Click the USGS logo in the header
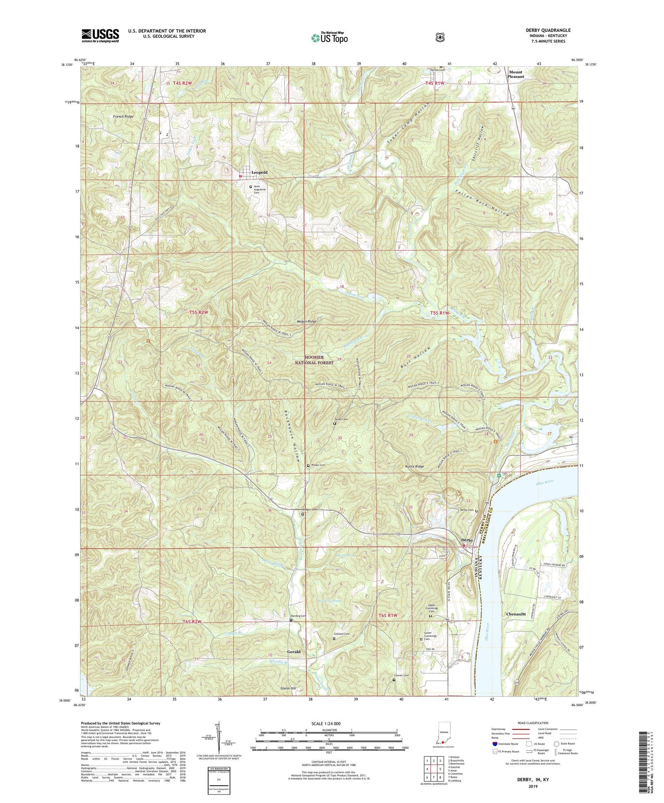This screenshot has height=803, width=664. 100,35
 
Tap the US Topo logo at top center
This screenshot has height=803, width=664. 329,38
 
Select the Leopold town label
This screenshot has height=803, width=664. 259,172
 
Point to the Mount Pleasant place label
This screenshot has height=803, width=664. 516,74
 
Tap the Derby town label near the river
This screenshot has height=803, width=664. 467,540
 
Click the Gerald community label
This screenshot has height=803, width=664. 293,652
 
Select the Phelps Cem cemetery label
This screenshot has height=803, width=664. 318,465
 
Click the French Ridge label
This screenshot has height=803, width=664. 123,116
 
